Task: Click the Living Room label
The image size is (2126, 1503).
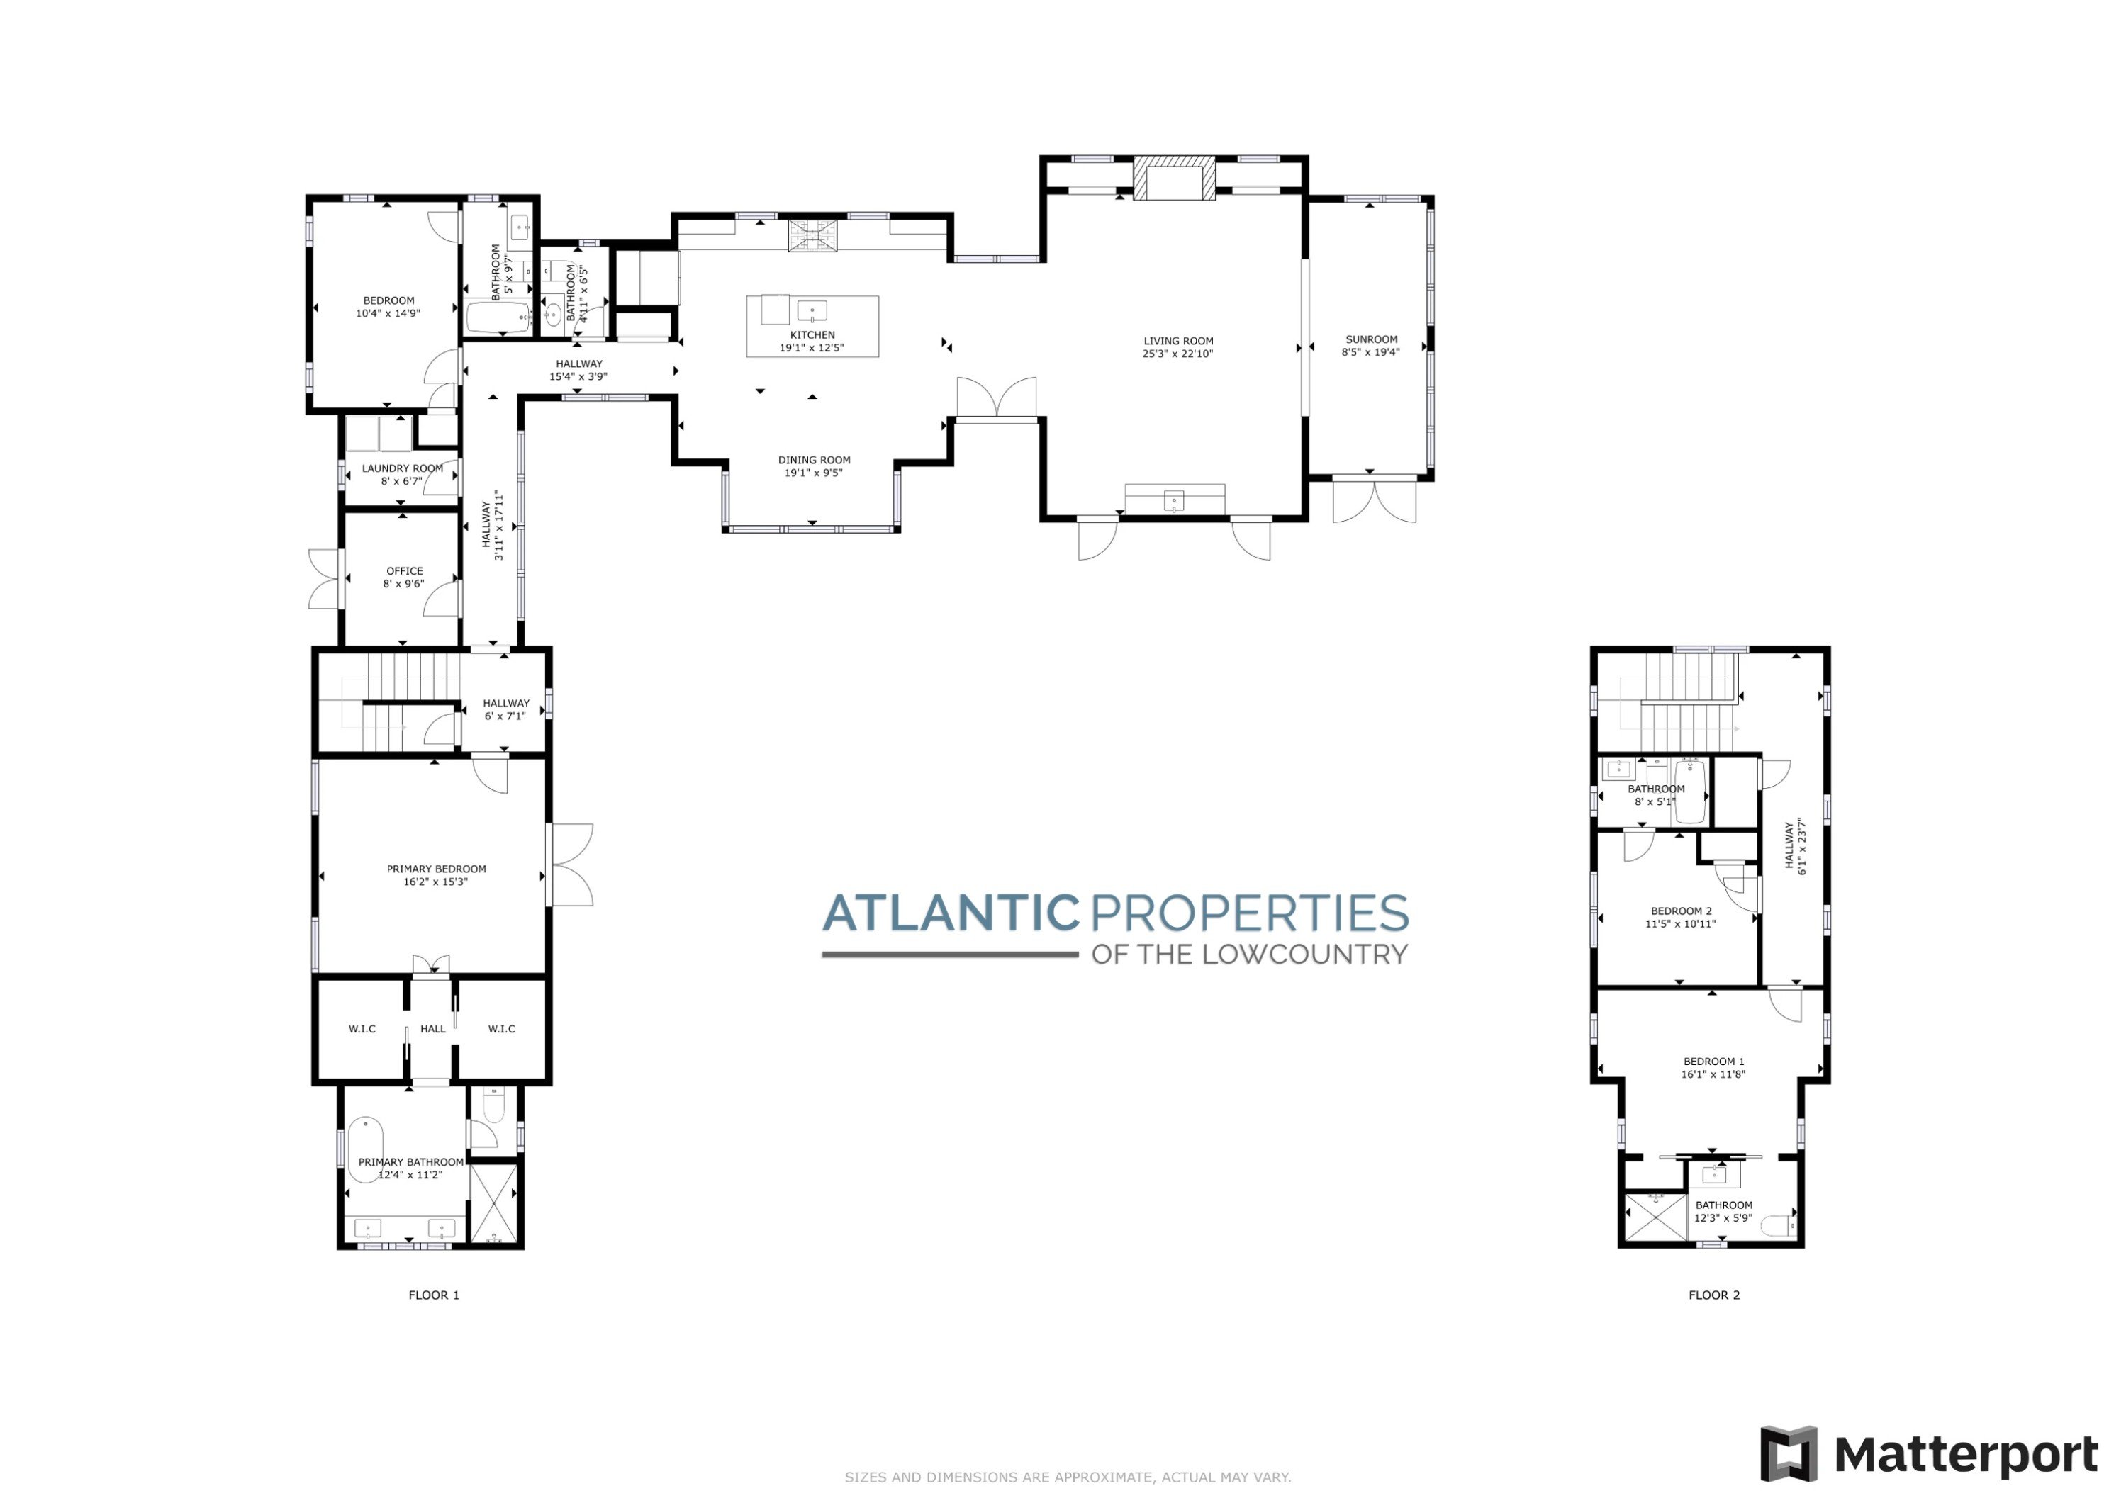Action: click(x=1177, y=341)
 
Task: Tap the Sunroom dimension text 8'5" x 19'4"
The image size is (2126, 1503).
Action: click(x=1370, y=351)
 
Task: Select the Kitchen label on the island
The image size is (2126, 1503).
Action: click(x=812, y=335)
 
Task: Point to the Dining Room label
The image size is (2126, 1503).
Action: click(x=814, y=460)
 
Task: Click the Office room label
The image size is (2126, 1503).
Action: click(x=405, y=571)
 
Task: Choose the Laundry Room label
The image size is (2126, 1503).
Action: click(x=402, y=468)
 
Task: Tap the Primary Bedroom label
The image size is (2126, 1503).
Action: click(x=436, y=869)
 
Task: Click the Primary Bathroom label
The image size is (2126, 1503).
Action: click(x=411, y=1162)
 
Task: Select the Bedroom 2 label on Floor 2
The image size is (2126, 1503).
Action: click(x=1681, y=911)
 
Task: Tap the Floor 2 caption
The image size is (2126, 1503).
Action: click(x=1714, y=1295)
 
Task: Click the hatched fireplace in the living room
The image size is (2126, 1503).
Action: click(x=1174, y=179)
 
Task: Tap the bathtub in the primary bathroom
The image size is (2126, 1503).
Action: click(x=366, y=1149)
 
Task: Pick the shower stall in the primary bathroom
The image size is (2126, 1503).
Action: click(x=496, y=1203)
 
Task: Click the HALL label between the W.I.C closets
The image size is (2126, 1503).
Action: click(x=432, y=1028)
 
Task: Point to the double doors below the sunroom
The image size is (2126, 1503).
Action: click(x=1374, y=500)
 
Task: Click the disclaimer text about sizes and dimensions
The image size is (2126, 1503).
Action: click(x=1068, y=1477)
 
